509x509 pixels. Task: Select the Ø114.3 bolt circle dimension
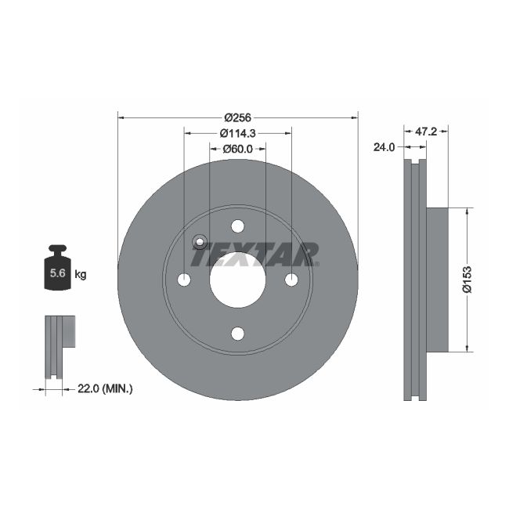coord(237,132)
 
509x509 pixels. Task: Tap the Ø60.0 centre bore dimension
coord(237,148)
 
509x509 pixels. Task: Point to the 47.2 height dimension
coord(424,132)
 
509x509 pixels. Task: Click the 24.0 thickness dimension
coord(383,146)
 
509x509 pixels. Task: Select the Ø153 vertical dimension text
coord(467,279)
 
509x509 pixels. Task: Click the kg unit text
coord(80,274)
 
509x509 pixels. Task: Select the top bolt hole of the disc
coord(237,226)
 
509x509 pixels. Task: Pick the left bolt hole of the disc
coord(184,280)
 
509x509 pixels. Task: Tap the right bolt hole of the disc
coord(291,280)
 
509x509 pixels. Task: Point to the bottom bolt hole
coord(237,334)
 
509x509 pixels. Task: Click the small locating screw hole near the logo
coord(198,242)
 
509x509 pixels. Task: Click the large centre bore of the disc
coord(237,280)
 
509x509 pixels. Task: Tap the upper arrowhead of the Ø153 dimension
coord(467,212)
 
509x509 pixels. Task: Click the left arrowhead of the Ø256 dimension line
coord(121,117)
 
